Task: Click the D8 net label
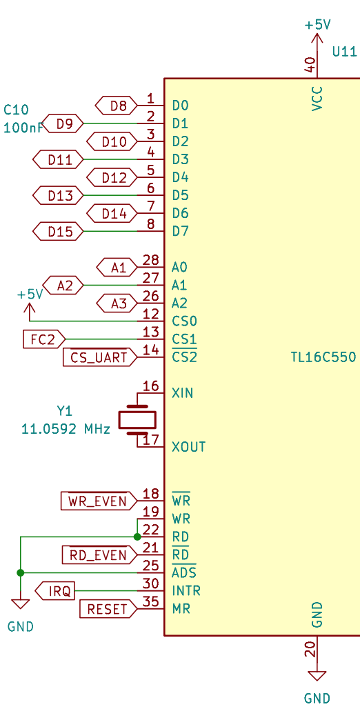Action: tap(117, 106)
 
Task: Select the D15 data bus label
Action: tap(59, 232)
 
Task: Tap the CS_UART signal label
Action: tap(100, 357)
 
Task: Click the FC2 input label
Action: tap(44, 339)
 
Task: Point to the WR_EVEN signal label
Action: tap(99, 501)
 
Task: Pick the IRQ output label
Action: tap(55, 591)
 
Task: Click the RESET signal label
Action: tap(108, 609)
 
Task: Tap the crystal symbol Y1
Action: tap(137, 419)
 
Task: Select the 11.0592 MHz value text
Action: tap(66, 429)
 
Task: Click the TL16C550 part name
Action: tap(324, 357)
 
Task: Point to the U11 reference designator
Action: tap(345, 52)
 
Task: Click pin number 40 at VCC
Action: tap(310, 65)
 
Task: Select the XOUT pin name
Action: tap(189, 447)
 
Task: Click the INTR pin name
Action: tap(186, 591)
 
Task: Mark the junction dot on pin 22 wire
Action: tap(137, 537)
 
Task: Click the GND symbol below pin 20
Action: tap(317, 676)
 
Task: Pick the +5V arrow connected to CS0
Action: tap(30, 312)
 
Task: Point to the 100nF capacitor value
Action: tap(23, 128)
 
